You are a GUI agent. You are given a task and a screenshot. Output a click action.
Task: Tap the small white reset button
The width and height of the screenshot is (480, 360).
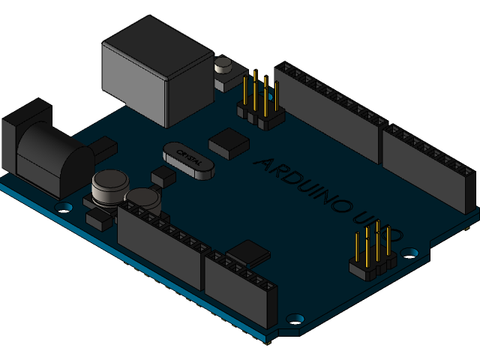point(223,68)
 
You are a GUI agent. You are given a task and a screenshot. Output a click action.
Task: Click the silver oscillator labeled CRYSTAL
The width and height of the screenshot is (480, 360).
point(187,160)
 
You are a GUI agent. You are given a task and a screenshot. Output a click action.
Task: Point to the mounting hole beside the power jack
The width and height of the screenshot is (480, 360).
point(64,205)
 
